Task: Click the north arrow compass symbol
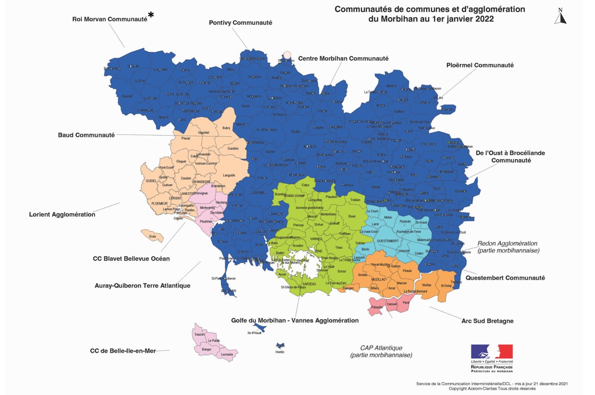tap(560, 16)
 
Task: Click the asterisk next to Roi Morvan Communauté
tap(151, 15)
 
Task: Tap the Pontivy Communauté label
tap(240, 23)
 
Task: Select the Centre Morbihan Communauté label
tap(343, 58)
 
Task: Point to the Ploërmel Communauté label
tap(480, 65)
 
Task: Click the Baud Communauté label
tap(86, 135)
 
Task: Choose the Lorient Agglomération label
tap(62, 215)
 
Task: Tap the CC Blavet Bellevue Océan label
tap(131, 259)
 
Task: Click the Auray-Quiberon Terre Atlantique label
tap(142, 286)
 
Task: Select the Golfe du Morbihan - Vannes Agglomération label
tap(294, 320)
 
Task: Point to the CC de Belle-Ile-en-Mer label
tap(123, 351)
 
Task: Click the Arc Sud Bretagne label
tap(487, 321)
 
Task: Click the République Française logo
tap(491, 358)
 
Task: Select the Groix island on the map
tap(152, 235)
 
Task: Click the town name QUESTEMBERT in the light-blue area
tap(387, 241)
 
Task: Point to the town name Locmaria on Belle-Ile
tap(227, 354)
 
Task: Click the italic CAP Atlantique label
tap(381, 348)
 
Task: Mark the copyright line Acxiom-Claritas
tap(491, 388)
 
